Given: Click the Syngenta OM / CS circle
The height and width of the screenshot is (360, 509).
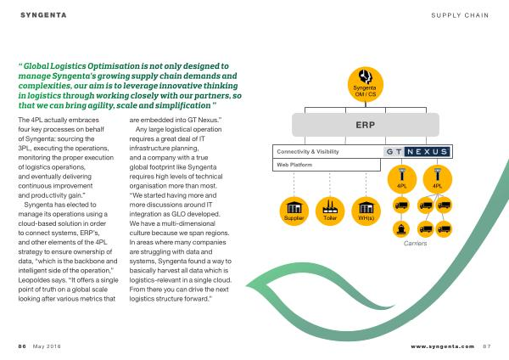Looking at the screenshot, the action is (365, 84).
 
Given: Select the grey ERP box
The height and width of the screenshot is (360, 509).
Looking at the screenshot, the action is (366, 125).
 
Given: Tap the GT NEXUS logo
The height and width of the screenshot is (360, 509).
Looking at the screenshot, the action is (417, 151).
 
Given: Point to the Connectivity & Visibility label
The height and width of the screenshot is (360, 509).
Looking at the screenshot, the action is (308, 151).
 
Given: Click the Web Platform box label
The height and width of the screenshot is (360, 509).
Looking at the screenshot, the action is (294, 165).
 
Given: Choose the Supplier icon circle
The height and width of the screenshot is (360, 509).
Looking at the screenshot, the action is (294, 211).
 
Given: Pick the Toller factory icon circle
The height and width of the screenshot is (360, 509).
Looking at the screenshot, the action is (330, 211).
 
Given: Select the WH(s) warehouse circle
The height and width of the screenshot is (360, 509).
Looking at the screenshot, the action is (366, 211).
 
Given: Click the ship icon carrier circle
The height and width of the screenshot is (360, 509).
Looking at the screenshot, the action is (401, 228).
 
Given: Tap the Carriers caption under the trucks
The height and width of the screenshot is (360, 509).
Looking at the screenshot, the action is (415, 244).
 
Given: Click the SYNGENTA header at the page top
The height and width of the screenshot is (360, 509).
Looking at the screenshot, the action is (43, 15).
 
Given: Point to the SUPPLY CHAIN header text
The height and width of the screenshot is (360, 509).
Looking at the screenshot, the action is (460, 15).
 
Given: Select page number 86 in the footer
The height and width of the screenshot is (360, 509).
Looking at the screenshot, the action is (22, 346).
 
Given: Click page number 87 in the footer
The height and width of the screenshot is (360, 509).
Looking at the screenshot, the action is (487, 346).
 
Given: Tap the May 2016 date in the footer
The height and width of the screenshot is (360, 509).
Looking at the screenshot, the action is (47, 346).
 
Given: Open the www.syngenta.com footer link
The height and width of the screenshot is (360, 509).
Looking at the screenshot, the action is (443, 346).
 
